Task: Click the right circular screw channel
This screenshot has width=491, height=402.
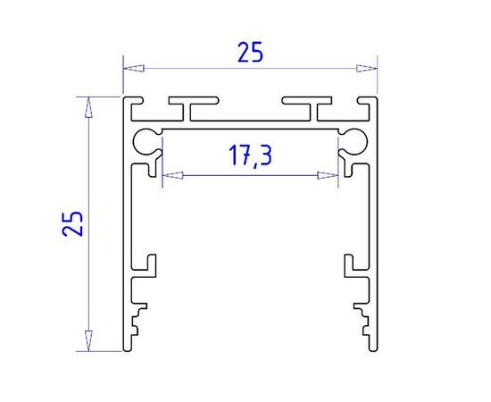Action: pos(355,139)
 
